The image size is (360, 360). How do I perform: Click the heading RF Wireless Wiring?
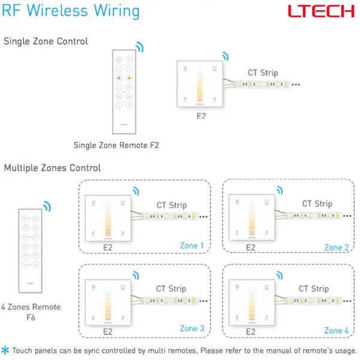(x=71, y=11)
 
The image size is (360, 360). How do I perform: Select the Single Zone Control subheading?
(x=46, y=41)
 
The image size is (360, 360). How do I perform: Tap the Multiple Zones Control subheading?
(x=53, y=168)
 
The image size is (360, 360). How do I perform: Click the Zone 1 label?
(x=192, y=246)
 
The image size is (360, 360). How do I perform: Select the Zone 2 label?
(x=337, y=247)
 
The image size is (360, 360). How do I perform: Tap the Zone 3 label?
(x=192, y=328)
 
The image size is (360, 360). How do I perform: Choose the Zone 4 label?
(x=337, y=330)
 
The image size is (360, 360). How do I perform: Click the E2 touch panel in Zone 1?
(x=108, y=218)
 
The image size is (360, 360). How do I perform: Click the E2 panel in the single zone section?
(x=200, y=84)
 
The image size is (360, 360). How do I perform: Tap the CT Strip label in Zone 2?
(x=316, y=204)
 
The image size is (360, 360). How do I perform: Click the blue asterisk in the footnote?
(x=5, y=350)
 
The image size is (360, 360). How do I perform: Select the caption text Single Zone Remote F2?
(x=116, y=145)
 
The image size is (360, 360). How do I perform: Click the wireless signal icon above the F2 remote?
(x=139, y=47)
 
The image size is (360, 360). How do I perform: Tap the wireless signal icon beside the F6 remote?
(x=47, y=206)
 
